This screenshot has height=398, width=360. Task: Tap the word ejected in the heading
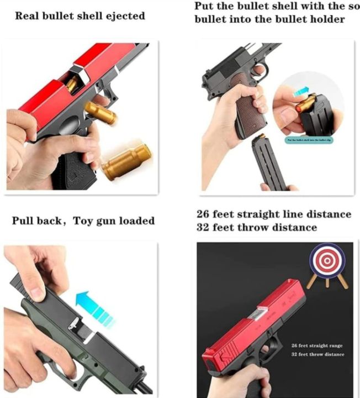click(x=125, y=15)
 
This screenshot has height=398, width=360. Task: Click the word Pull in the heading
click(x=25, y=221)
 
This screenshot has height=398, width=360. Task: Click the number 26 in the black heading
click(x=204, y=214)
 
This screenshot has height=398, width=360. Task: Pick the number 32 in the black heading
click(x=204, y=227)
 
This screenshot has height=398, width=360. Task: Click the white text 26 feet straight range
click(x=317, y=345)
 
